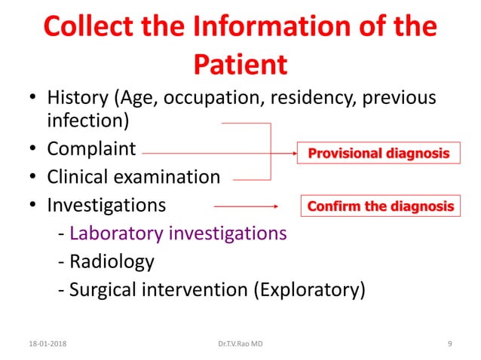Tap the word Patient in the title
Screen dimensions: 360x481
click(240, 64)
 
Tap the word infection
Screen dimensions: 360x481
click(84, 121)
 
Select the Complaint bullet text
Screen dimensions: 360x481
click(91, 149)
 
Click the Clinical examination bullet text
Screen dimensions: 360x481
click(133, 177)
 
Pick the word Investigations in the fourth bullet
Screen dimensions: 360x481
click(106, 205)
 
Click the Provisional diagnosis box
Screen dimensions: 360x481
click(379, 154)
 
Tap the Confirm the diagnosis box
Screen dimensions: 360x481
click(381, 206)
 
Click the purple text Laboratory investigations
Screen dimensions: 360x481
click(178, 233)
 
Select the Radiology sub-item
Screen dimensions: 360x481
click(112, 261)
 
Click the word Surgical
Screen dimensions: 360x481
click(100, 289)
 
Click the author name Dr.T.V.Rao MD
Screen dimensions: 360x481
click(240, 343)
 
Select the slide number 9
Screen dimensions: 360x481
click(450, 343)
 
